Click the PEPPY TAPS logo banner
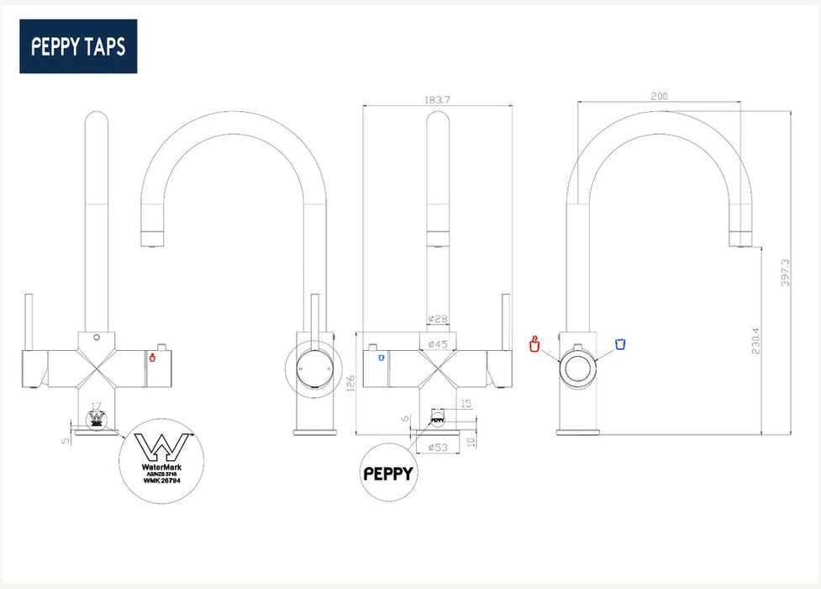[x=78, y=46]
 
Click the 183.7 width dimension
[x=437, y=99]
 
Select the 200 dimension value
[x=659, y=96]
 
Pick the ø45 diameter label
[x=437, y=344]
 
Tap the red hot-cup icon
[x=533, y=343]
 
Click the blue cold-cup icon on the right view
[x=620, y=343]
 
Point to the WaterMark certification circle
[x=159, y=461]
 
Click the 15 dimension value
[x=466, y=404]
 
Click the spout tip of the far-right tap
[x=743, y=240]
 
